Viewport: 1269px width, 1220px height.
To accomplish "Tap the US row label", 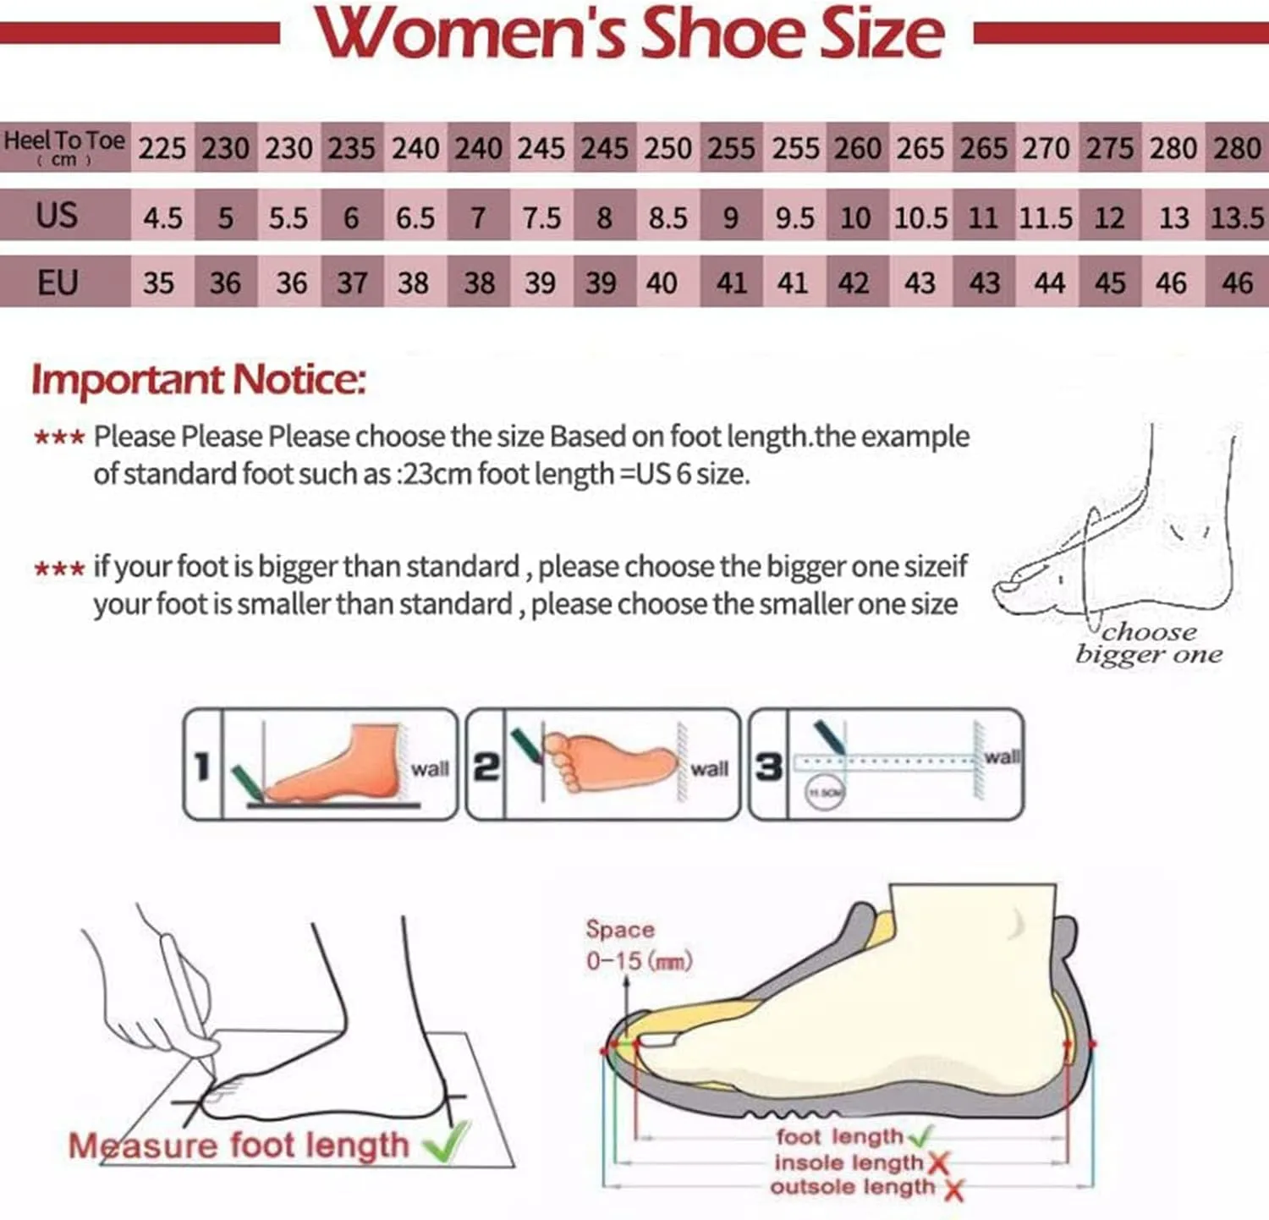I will (57, 215).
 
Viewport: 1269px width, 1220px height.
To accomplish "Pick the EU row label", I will (57, 282).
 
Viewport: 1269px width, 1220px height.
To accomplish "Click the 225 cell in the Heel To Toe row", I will (162, 148).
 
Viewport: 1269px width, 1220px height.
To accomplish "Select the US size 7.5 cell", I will (541, 217).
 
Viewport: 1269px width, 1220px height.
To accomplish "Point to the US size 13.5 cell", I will (1237, 217).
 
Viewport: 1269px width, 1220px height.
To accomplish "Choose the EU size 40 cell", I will (662, 283).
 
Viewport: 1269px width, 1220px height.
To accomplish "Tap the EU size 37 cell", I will (352, 283).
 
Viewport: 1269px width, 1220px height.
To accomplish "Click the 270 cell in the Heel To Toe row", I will (1046, 148).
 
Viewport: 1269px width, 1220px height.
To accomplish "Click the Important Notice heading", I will (199, 379).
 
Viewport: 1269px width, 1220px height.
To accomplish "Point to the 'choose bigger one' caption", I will (1149, 643).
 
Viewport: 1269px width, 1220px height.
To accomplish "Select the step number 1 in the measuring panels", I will (202, 767).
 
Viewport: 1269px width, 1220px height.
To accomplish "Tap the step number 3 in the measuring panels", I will (768, 767).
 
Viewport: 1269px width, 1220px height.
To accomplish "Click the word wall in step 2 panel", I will (709, 768).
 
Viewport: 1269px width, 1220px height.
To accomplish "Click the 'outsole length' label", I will (852, 1187).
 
